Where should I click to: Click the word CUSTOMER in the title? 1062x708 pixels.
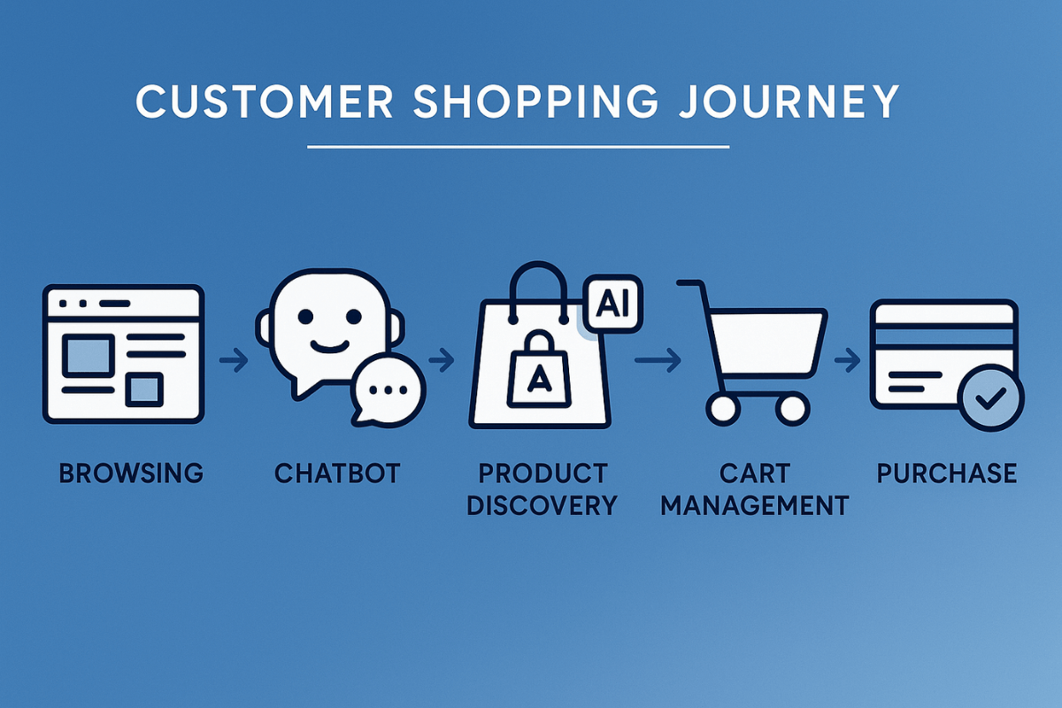coord(265,101)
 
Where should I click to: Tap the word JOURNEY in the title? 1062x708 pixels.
coord(789,101)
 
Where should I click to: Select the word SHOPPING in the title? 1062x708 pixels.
coord(535,101)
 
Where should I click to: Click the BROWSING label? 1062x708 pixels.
coord(131,473)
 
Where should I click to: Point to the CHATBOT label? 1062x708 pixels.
coord(337,473)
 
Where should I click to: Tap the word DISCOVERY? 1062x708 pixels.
coord(542,505)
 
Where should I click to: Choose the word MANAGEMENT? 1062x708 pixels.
coord(754,505)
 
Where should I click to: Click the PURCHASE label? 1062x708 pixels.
coord(947,473)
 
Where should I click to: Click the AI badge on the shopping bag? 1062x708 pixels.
coord(612,304)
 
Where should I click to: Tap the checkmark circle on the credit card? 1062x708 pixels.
coord(990,397)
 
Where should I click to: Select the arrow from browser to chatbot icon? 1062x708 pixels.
coord(234,360)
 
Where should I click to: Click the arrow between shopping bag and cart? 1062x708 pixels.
coord(658,360)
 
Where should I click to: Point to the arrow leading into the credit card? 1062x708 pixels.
coord(847,360)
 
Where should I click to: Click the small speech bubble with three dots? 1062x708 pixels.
coord(388,389)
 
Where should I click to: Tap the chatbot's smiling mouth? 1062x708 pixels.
coord(330,347)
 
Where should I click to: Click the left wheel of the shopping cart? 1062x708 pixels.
coord(723,408)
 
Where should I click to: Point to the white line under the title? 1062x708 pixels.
coord(519,147)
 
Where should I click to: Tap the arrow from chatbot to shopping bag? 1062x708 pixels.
coord(442,360)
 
